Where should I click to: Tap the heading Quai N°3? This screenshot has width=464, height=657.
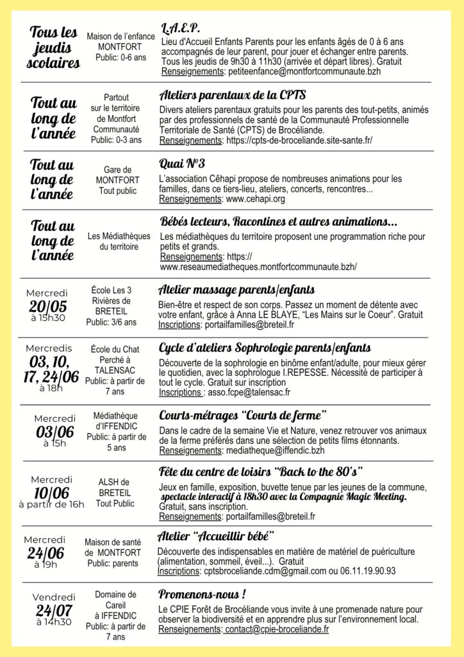click(182, 163)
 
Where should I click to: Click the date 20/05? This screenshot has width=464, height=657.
click(47, 306)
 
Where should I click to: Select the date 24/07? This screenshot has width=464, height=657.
click(54, 610)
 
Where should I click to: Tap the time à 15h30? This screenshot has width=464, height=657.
click(47, 318)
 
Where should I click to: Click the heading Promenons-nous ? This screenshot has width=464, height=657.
click(203, 593)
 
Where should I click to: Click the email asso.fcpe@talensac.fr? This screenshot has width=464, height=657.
click(247, 392)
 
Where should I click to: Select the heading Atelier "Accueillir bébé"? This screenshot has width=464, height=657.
click(216, 536)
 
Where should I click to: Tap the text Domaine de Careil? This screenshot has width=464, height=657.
click(115, 600)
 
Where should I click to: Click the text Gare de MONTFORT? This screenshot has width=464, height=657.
click(117, 175)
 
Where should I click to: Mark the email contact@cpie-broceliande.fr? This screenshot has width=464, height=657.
click(277, 629)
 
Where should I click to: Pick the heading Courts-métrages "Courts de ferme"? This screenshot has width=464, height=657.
click(243, 415)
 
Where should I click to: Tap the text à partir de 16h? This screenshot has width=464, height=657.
click(51, 504)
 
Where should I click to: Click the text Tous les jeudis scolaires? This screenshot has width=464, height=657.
click(54, 47)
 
